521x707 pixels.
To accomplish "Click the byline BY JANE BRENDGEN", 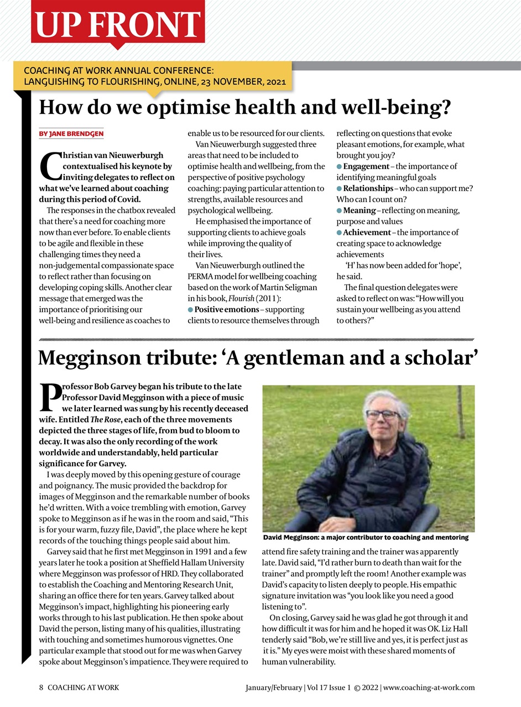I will coord(71,134).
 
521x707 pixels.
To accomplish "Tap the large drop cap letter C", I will coord(50,166).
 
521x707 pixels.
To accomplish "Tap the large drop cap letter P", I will coord(50,398).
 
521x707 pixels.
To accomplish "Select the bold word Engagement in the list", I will coord(366,166).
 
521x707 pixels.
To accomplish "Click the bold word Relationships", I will coord(368,188).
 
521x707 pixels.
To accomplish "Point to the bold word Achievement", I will coord(367,233).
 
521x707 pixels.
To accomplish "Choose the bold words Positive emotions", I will coord(227,309).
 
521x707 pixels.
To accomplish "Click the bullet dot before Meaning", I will coord(340,210).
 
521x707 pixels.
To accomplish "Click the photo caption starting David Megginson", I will coord(366,537).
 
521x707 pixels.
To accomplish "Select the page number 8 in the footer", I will coord(41,688).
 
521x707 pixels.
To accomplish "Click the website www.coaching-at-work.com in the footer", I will coord(429,688).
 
